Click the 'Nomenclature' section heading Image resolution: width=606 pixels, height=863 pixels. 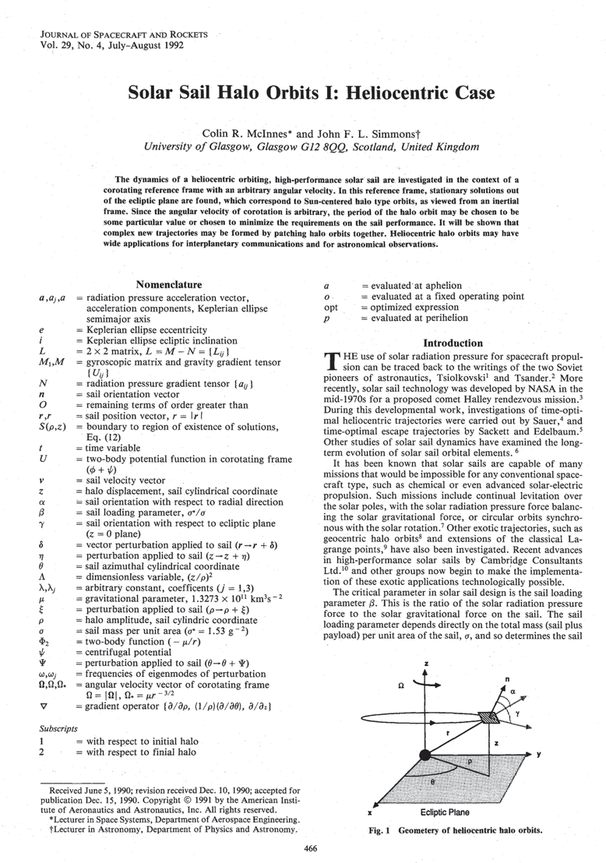coord(169,285)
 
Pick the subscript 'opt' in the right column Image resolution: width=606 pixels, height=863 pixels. coord(330,307)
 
